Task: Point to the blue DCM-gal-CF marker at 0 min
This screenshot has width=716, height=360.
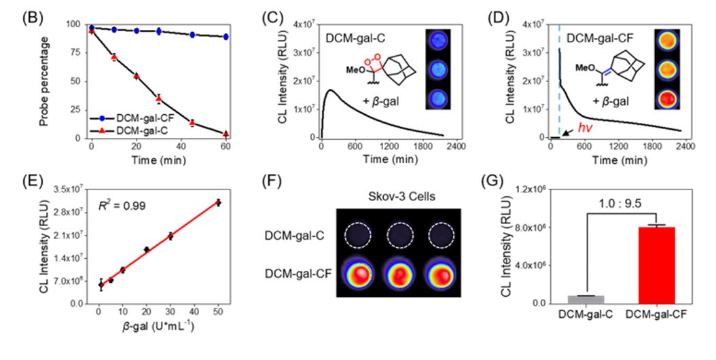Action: [x=91, y=28]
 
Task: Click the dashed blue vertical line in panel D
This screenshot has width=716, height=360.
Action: [x=559, y=82]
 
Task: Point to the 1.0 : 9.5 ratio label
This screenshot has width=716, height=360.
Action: [x=617, y=201]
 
